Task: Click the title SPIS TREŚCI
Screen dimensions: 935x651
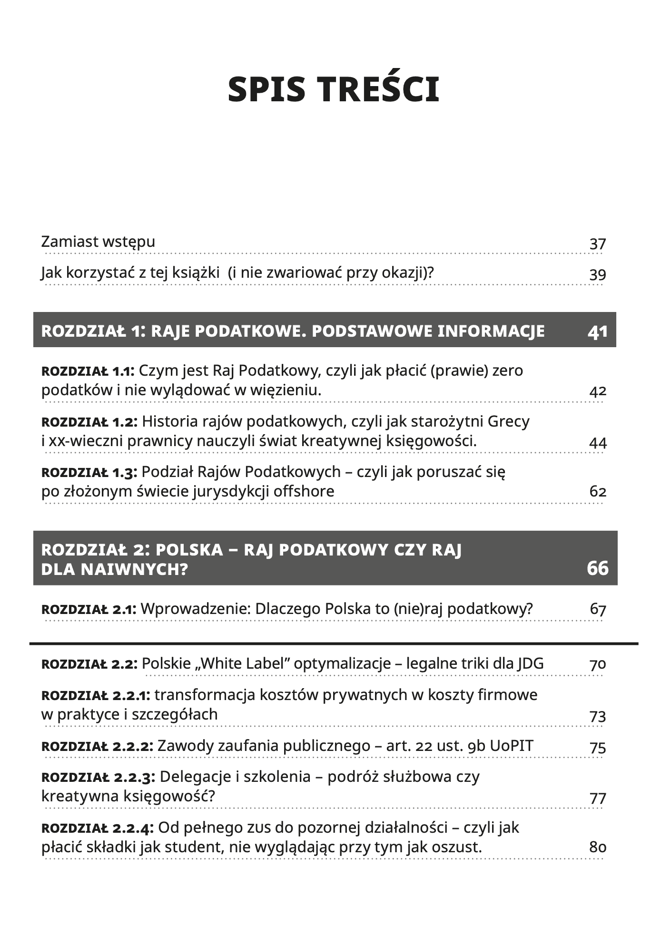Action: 333,89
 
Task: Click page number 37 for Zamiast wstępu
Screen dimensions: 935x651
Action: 597,244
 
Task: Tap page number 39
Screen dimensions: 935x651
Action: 597,275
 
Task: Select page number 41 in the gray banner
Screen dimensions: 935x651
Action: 598,331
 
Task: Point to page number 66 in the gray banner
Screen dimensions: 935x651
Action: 598,568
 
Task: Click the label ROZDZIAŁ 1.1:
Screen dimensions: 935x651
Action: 88,371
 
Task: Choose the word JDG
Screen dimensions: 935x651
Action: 531,663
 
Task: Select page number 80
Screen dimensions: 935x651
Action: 597,847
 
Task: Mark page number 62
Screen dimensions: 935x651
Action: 597,491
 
